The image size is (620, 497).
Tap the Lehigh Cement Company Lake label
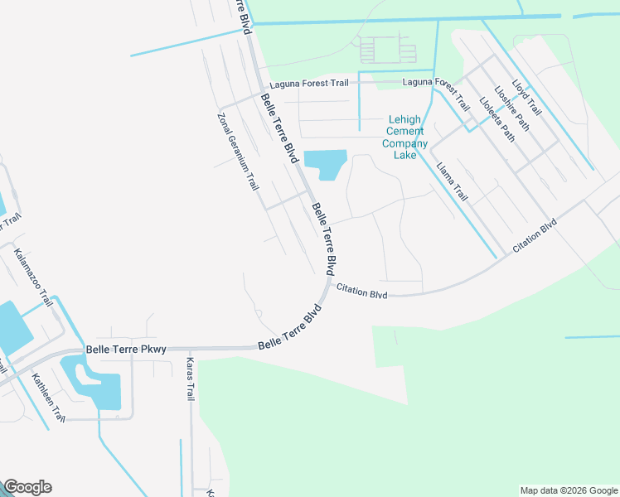coord(404,138)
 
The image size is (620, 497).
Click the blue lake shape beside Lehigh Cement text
coord(325,163)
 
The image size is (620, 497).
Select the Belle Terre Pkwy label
coord(127,350)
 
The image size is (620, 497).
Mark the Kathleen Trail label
coord(48,398)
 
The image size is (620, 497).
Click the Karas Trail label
coord(190,380)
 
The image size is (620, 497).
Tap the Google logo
coord(27,487)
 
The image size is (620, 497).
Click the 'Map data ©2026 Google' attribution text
coord(569,490)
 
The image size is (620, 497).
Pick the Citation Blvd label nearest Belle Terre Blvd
coord(361,291)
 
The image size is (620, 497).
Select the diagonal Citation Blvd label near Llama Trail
coord(535,236)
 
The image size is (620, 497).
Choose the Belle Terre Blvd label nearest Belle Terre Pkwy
coord(290,330)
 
